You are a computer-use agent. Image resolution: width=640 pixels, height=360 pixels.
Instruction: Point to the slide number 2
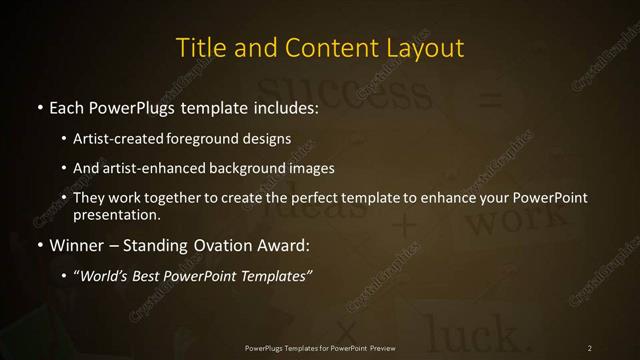[590, 347]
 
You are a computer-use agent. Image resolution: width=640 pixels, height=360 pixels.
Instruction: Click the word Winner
[77, 244]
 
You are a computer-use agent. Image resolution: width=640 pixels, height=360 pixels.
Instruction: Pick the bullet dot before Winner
[40, 245]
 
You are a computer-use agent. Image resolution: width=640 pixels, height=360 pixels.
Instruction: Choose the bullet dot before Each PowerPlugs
[40, 105]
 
